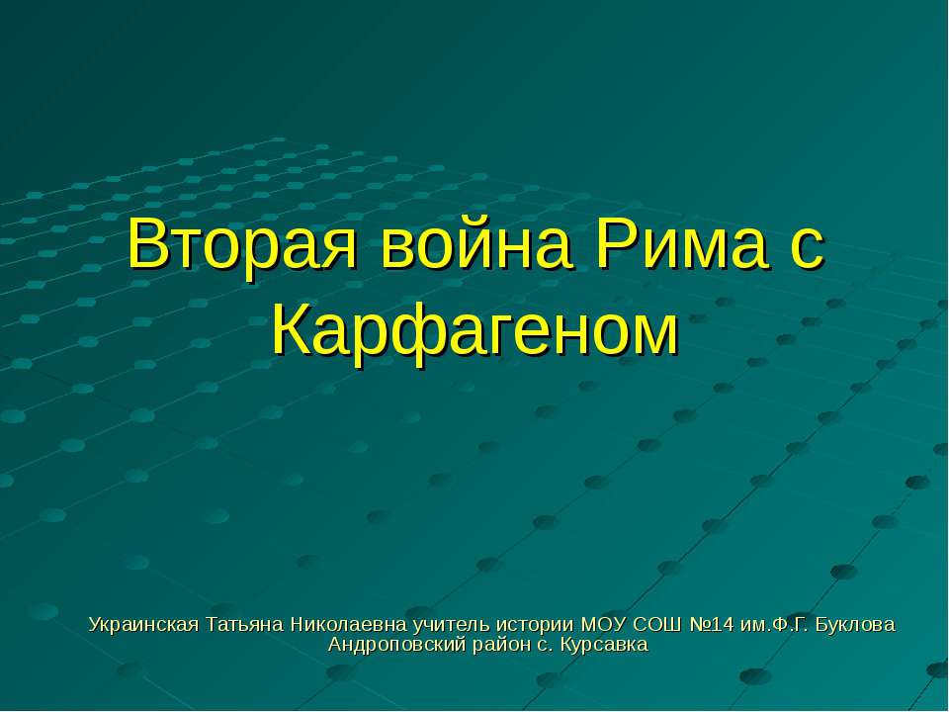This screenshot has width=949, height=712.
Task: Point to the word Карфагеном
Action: click(475, 331)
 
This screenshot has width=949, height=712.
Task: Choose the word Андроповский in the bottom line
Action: click(391, 646)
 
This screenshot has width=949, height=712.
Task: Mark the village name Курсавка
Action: click(604, 646)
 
